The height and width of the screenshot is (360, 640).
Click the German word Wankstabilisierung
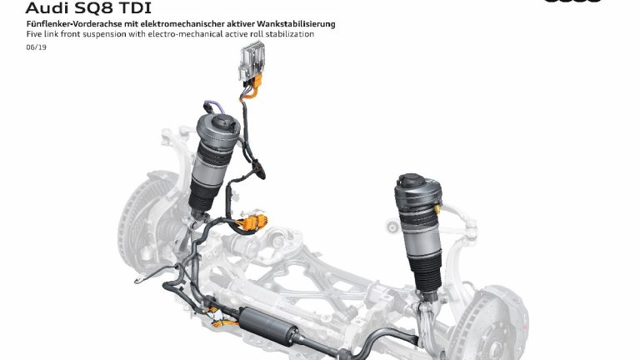[x=296, y=24]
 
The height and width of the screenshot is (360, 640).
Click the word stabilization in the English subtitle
[x=290, y=34]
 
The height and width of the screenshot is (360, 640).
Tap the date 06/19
[x=37, y=47]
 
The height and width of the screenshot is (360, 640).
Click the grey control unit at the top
[x=252, y=62]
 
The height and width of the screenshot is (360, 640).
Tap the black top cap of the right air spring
[x=413, y=181]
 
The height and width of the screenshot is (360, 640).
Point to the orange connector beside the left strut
[x=253, y=222]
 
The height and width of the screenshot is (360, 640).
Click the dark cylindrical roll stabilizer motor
[x=268, y=326]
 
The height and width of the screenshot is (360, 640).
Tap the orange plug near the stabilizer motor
[x=223, y=322]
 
